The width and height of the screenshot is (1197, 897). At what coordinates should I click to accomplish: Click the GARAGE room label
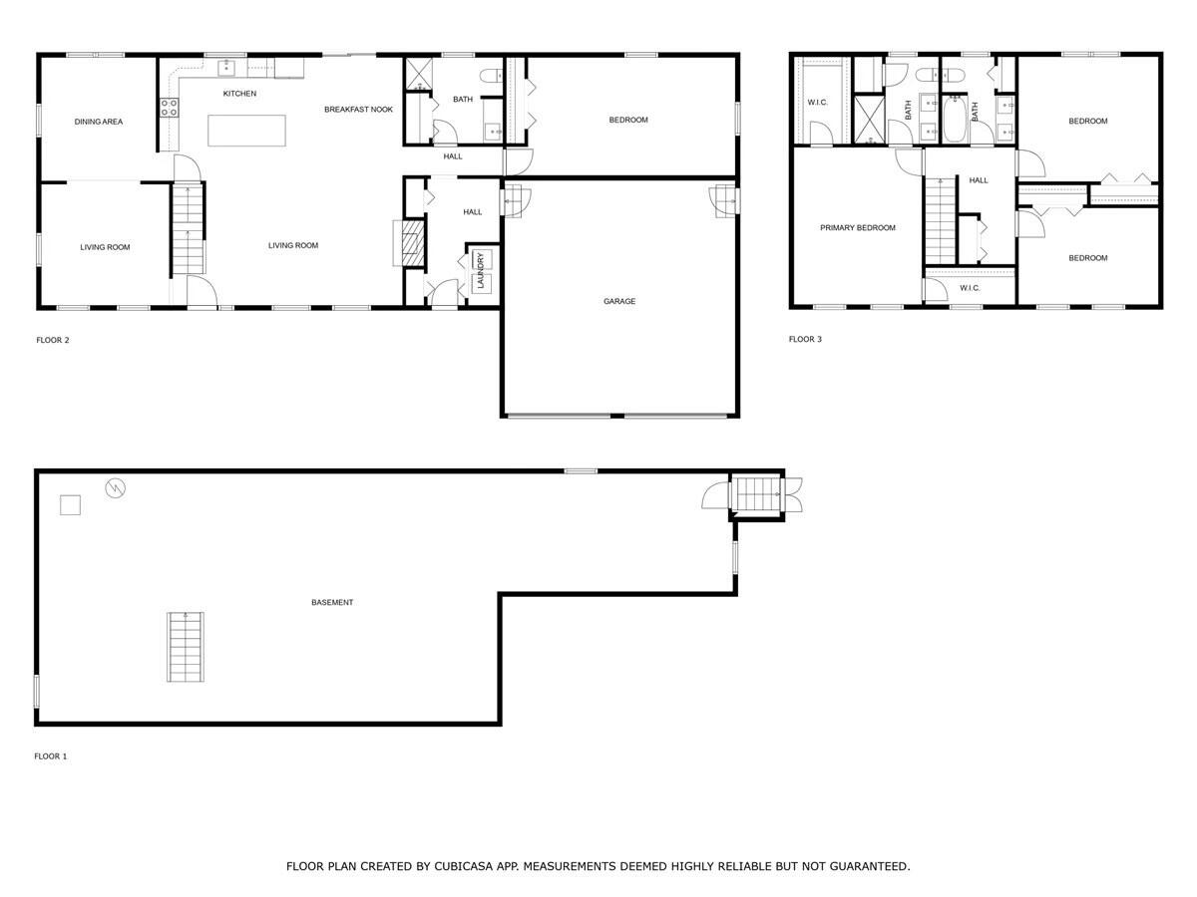(618, 301)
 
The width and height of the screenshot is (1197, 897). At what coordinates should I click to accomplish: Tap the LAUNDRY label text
(480, 270)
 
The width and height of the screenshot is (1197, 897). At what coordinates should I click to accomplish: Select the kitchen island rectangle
(246, 131)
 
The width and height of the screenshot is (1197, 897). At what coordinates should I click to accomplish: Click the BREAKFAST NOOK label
(358, 110)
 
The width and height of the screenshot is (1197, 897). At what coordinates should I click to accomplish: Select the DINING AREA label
(99, 122)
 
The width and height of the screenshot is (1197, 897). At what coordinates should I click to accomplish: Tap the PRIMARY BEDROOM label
(858, 228)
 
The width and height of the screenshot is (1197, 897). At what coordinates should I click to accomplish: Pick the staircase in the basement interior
(186, 647)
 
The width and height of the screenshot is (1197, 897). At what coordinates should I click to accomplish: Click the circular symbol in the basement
(117, 487)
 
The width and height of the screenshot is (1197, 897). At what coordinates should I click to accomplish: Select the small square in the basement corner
(70, 505)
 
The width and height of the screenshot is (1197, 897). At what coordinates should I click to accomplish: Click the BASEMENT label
(332, 603)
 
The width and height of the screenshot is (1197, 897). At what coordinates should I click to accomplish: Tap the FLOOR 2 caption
(53, 340)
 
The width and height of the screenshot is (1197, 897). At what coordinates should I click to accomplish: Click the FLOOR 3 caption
(805, 339)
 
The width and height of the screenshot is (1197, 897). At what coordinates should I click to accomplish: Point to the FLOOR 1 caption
(51, 756)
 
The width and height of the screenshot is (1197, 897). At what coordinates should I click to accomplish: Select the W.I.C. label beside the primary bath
(818, 102)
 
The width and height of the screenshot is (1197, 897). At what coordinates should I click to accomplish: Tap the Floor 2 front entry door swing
(203, 291)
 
